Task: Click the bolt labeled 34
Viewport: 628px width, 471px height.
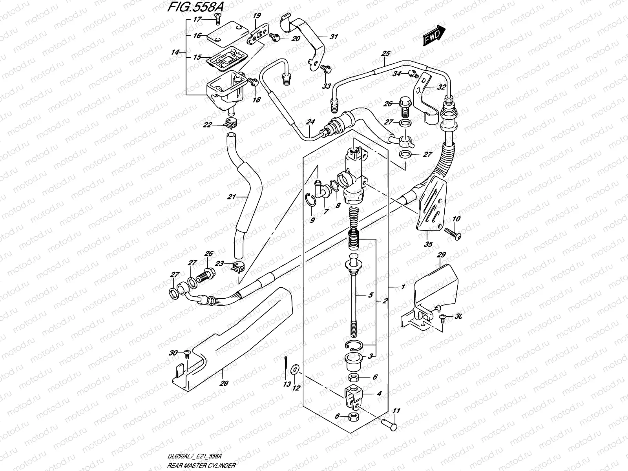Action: (422, 73)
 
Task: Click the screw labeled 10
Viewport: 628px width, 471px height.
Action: (454, 234)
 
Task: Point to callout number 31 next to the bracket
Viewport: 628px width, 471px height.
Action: (334, 37)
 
